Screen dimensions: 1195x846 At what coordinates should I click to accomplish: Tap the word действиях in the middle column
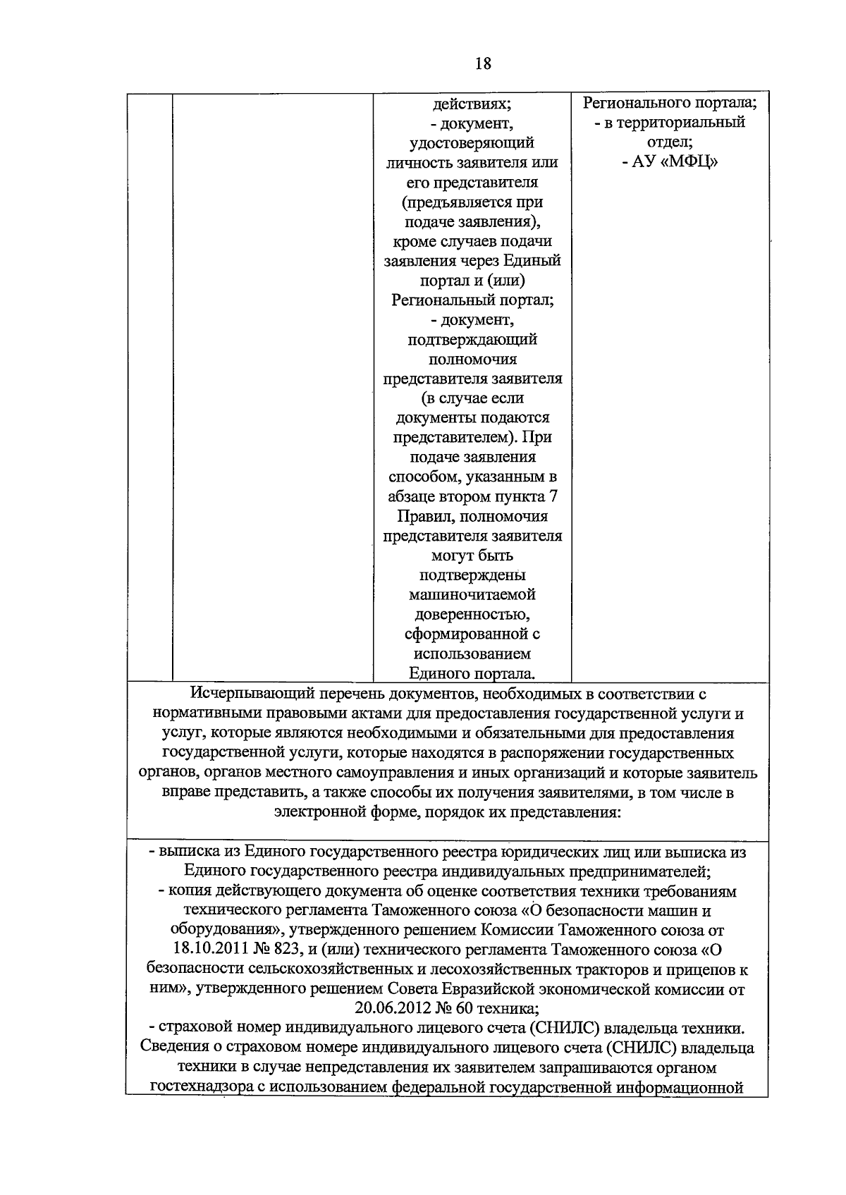[472, 104]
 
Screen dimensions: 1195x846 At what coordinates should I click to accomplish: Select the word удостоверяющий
[472, 143]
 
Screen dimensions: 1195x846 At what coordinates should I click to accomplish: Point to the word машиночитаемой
[472, 594]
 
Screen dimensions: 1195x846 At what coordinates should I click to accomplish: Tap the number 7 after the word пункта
[553, 496]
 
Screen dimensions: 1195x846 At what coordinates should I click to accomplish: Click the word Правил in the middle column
[419, 516]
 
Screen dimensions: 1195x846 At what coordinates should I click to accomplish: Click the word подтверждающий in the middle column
[472, 340]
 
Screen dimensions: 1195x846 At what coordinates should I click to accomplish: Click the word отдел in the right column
[668, 142]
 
